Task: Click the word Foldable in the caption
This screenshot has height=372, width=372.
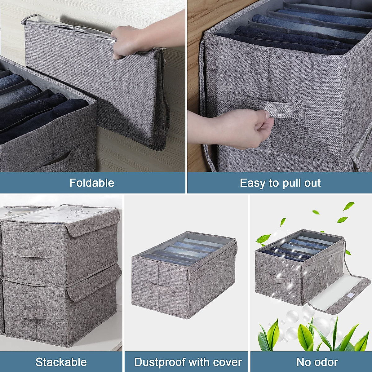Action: coord(92,183)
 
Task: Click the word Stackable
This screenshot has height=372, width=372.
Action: coord(61,362)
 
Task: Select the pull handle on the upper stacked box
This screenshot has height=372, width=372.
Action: coord(33,254)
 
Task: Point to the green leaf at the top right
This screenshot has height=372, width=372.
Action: coord(349,206)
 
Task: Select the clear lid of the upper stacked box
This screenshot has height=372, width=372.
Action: coord(62,214)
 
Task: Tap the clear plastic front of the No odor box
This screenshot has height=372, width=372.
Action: coord(319,273)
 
